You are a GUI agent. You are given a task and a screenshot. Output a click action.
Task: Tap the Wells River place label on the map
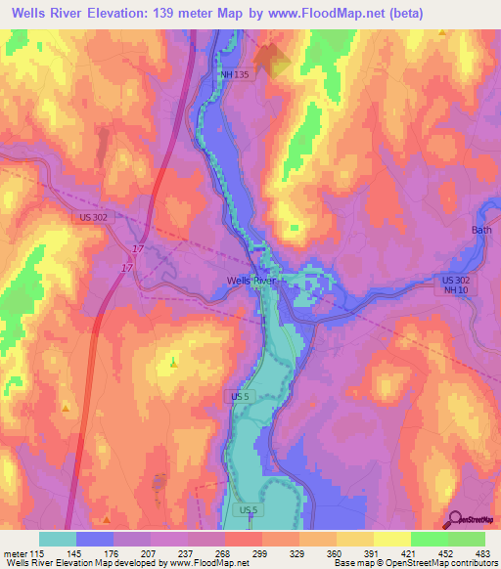pyautogui.click(x=251, y=281)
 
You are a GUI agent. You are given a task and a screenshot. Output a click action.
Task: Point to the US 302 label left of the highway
pyautogui.click(x=90, y=220)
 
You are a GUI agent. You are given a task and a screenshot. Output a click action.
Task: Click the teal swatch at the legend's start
pyautogui.click(x=58, y=540)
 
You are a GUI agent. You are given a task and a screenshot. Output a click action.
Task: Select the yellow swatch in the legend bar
pyautogui.click(x=392, y=540)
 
